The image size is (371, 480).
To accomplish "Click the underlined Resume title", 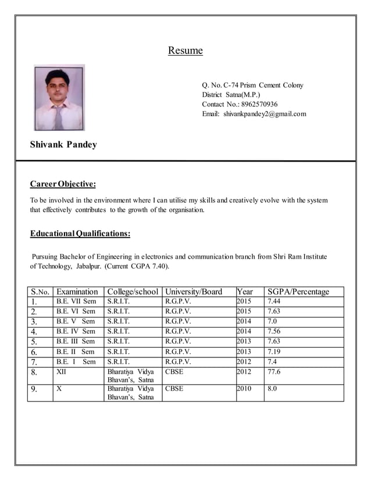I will tap(185, 51).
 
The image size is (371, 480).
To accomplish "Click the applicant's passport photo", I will tap(59, 97).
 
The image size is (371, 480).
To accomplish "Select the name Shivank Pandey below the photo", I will tap(63, 145).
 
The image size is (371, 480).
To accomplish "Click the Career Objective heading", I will tap(63, 184).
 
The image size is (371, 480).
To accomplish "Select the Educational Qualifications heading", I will tap(80, 234).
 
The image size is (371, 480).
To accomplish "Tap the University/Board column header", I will tap(194, 292).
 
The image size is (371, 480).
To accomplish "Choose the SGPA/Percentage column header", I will tap(298, 292).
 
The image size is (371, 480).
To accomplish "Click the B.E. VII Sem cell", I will tap(76, 302).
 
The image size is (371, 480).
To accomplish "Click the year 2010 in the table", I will tap(244, 388).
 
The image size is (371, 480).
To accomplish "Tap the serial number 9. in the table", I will tap(35, 389).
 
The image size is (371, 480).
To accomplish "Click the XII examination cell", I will tap(61, 372).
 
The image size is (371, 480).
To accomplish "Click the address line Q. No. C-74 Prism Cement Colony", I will tap(252, 85).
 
